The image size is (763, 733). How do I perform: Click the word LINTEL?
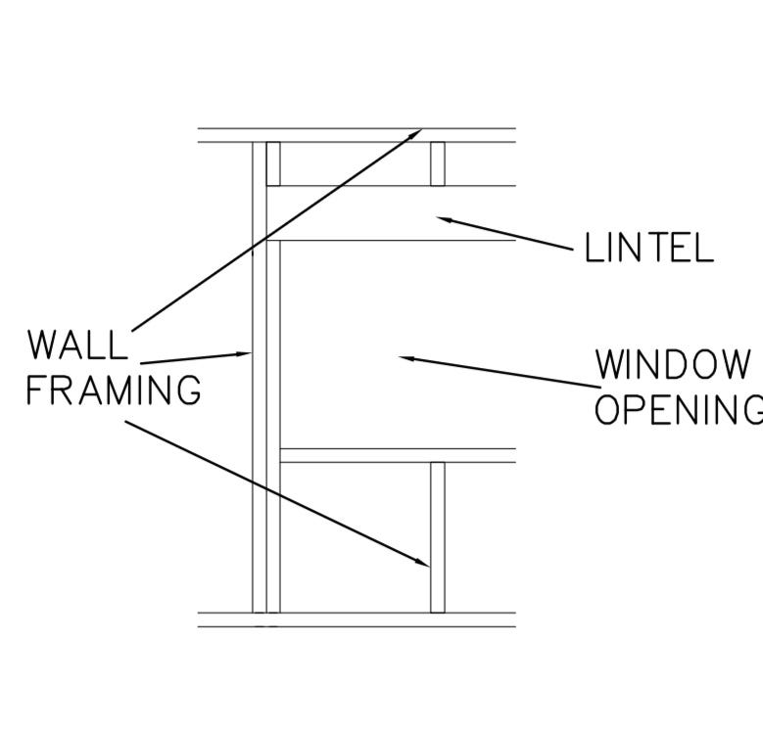(648, 249)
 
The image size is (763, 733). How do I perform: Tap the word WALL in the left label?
(77, 345)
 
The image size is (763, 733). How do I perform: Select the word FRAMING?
(113, 390)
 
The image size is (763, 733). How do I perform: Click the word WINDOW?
(674, 365)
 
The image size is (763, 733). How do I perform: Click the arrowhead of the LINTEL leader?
(443, 220)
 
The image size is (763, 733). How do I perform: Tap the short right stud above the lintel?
(438, 163)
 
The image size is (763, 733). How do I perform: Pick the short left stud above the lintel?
(273, 163)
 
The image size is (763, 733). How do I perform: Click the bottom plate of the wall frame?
(357, 619)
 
